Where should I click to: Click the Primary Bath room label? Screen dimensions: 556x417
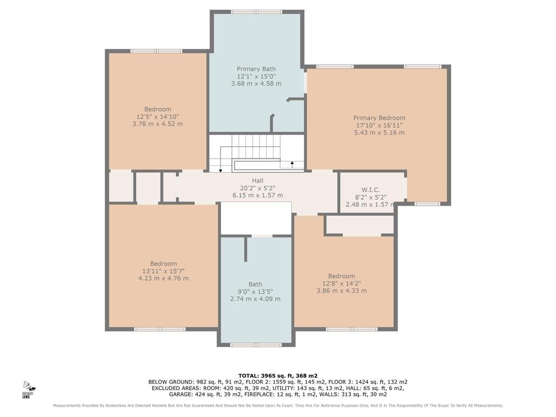(x=256, y=69)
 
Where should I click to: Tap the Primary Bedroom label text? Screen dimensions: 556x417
(x=379, y=118)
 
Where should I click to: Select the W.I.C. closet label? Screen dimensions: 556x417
(x=370, y=190)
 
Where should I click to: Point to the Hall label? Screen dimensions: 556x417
(x=257, y=180)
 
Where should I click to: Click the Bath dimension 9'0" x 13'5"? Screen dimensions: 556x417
(x=255, y=292)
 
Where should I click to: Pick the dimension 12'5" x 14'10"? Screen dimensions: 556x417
(x=157, y=117)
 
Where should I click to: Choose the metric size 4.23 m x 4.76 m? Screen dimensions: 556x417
(x=163, y=279)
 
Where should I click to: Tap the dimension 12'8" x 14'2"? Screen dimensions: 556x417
(x=342, y=283)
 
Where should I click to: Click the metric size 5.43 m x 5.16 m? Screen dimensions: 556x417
(x=379, y=132)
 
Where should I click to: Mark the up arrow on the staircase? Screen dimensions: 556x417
(x=292, y=164)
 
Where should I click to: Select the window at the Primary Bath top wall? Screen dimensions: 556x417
(x=257, y=12)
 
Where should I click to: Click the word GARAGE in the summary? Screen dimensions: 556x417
(x=180, y=394)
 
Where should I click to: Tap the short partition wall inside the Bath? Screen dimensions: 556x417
(x=245, y=249)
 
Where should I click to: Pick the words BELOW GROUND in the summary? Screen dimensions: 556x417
(x=171, y=382)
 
